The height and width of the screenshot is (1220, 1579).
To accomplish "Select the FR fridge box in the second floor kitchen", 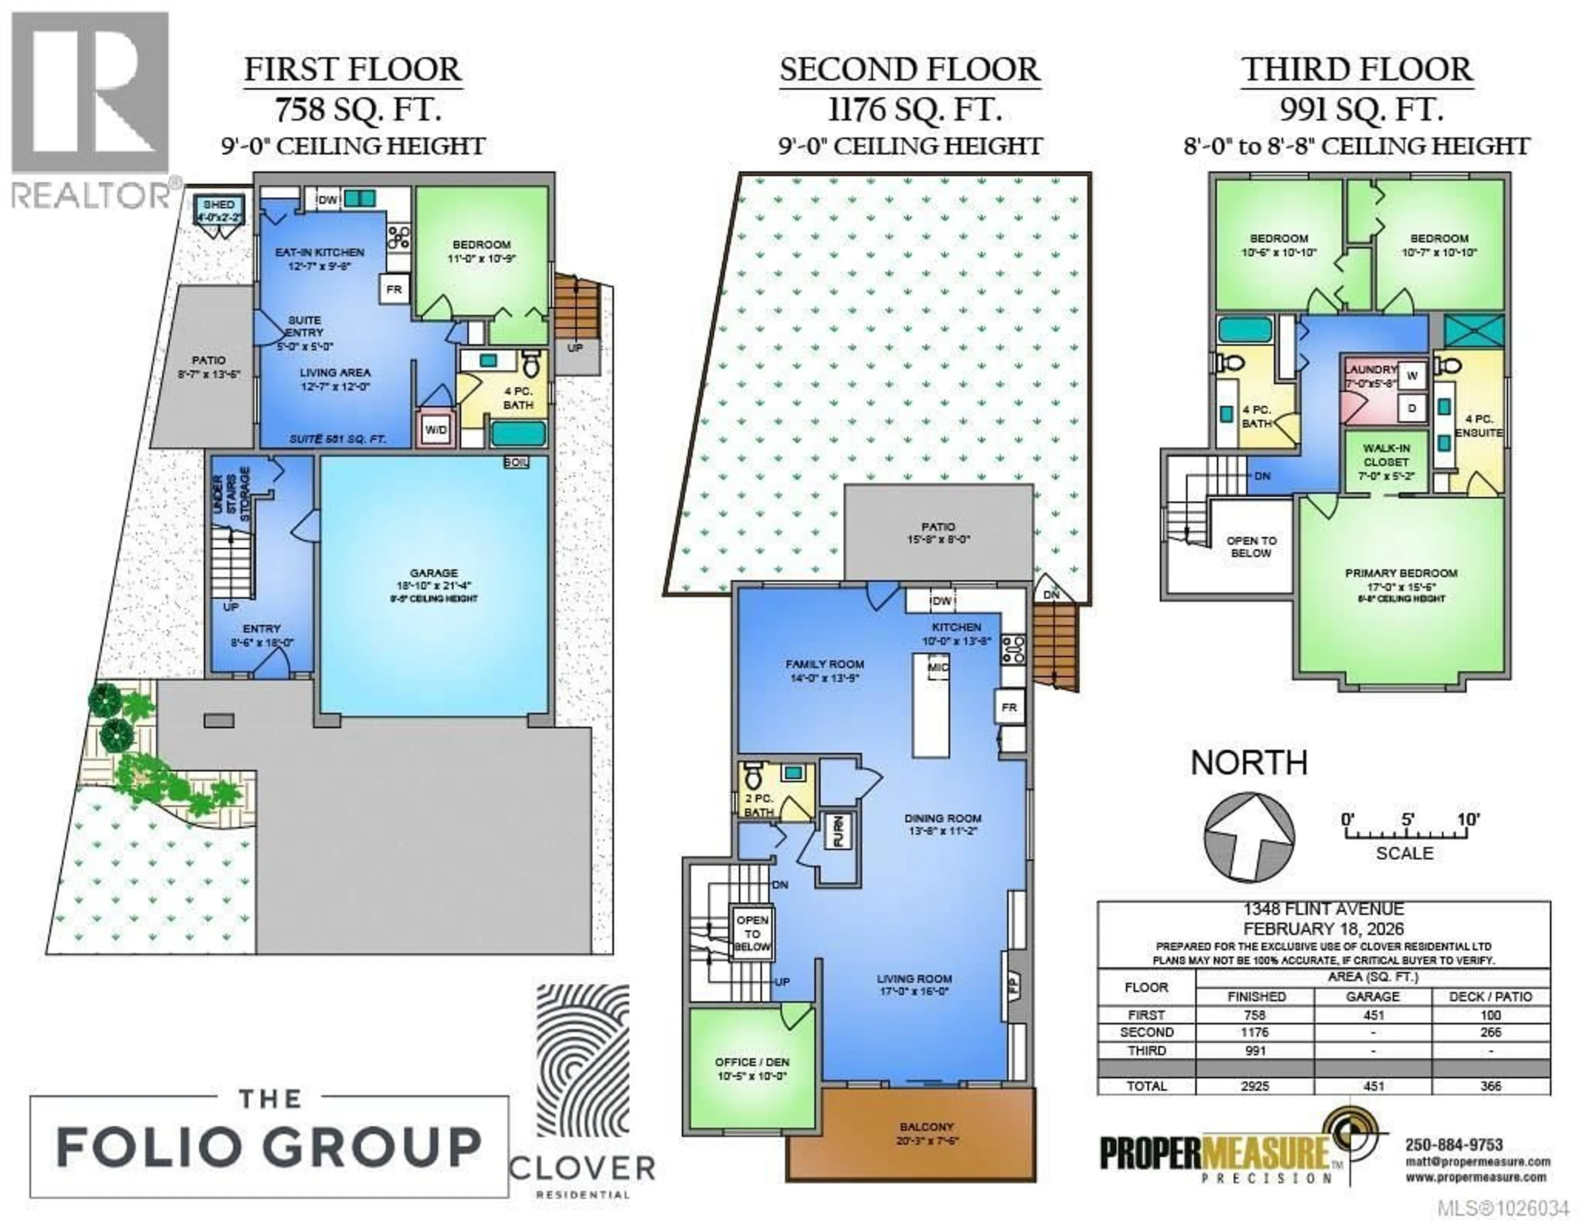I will [1009, 707].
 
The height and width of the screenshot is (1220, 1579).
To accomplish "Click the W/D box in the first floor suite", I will [436, 429].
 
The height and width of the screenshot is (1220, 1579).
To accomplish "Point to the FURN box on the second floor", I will [839, 831].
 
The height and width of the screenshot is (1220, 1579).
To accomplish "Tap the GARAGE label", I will [435, 573].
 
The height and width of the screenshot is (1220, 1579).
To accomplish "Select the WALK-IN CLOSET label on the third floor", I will [1386, 455].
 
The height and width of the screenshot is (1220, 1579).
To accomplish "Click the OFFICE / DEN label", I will [752, 1062].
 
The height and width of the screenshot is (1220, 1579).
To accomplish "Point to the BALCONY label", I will [927, 1127].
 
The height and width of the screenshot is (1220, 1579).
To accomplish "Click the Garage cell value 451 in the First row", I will [1372, 1015].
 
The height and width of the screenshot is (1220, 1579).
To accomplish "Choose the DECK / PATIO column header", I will [1491, 997].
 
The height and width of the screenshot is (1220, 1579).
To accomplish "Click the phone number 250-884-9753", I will [1453, 1145].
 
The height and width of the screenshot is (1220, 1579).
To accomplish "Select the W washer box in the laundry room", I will [1411, 375].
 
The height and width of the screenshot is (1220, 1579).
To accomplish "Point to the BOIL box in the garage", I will [516, 462].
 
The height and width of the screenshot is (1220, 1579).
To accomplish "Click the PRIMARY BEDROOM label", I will [1401, 573].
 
